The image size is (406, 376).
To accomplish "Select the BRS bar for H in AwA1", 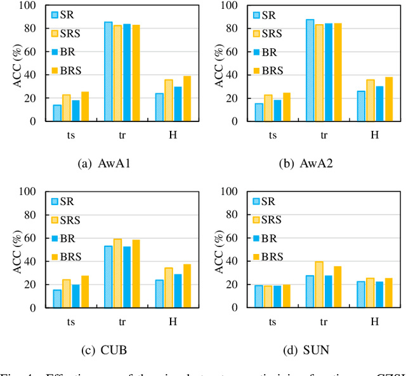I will click(x=187, y=98).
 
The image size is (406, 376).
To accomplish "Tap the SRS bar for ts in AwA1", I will click(x=67, y=108).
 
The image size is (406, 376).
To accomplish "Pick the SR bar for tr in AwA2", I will click(x=310, y=70).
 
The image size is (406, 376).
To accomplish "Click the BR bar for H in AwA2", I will click(x=379, y=104).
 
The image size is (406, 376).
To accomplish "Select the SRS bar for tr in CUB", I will click(x=117, y=273).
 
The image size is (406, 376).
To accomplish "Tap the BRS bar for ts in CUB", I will click(x=85, y=292).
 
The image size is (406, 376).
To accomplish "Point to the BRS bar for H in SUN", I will click(x=388, y=293).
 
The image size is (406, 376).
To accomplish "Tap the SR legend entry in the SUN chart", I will click(x=267, y=201).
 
